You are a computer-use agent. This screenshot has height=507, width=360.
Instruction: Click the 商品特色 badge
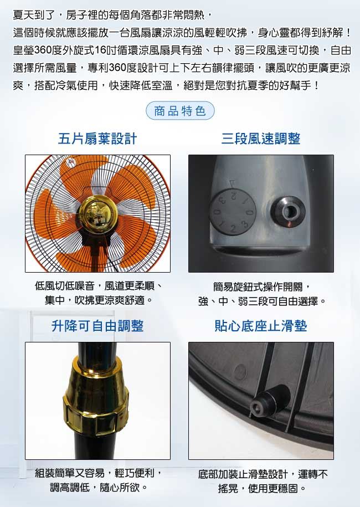pos(180,111)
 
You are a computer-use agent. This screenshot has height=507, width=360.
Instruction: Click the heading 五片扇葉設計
pos(97,139)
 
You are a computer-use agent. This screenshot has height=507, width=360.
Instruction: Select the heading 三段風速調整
pos(261,139)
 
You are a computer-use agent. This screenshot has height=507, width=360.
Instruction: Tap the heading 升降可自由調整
pos(97,326)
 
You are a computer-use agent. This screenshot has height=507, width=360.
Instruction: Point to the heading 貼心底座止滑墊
pos(261,326)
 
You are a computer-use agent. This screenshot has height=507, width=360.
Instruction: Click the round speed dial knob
pos(233,212)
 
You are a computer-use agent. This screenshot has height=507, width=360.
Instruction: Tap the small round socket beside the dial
pos(288,212)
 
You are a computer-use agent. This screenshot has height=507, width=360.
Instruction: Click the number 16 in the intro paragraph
pos(101,50)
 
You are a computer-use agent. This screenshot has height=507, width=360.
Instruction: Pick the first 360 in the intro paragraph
pos(42,50)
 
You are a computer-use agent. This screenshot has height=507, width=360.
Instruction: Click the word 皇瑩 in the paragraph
pos(23,50)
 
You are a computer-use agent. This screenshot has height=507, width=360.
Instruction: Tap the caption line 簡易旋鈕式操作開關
pos(263,286)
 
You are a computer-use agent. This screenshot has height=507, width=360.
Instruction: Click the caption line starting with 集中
pos(99,300)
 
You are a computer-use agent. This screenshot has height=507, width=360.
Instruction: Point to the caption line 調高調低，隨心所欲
pos(99,487)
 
